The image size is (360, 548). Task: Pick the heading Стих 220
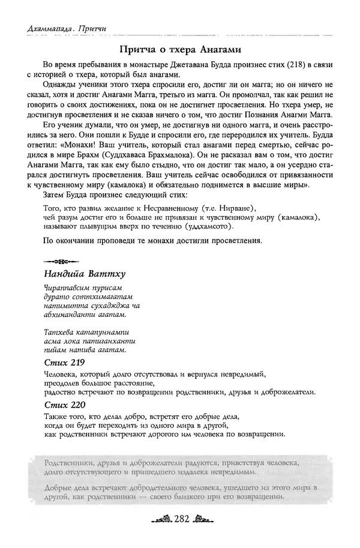(64, 404)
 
